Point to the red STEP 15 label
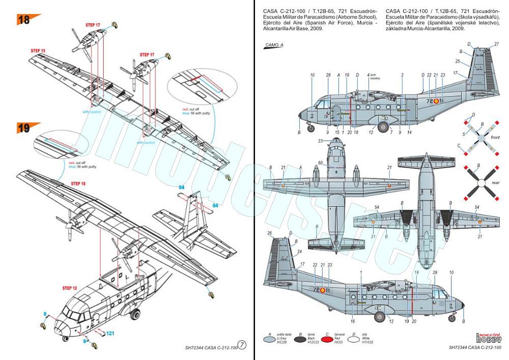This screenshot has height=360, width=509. [x=38, y=51]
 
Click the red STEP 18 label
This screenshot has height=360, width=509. [x=78, y=183]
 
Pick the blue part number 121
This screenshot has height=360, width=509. [x=110, y=333]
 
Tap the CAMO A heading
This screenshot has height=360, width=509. [x=274, y=46]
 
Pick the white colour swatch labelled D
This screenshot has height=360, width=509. [x=369, y=338]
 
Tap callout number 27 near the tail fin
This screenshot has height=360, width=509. [x=496, y=44]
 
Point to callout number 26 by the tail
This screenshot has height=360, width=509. [x=270, y=233]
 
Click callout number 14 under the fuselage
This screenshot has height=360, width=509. [x=409, y=132]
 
